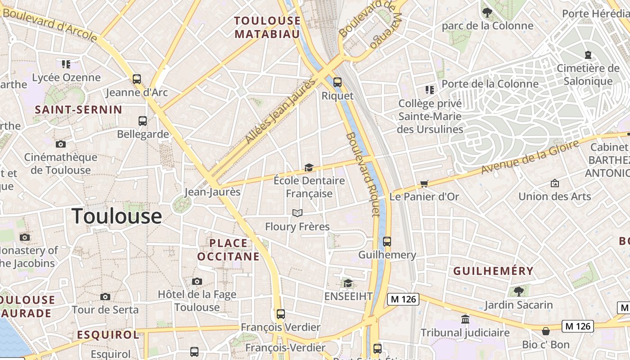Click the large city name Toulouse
(x=117, y=216)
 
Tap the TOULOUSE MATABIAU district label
(x=267, y=27)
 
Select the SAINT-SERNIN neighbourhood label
(x=79, y=110)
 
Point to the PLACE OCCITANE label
(x=228, y=250)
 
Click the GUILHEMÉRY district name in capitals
(x=493, y=271)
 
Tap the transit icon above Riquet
(x=337, y=82)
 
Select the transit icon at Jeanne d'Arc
(x=137, y=79)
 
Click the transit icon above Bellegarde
(x=143, y=121)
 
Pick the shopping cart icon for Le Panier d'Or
(x=424, y=184)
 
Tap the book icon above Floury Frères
(x=297, y=213)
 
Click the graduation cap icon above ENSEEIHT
(x=348, y=283)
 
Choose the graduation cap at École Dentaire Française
(x=309, y=168)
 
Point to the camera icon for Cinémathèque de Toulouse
(x=60, y=144)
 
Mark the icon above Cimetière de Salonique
(x=588, y=55)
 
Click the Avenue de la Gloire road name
(x=530, y=157)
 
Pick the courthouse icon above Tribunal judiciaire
(x=465, y=319)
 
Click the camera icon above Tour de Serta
(x=105, y=297)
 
